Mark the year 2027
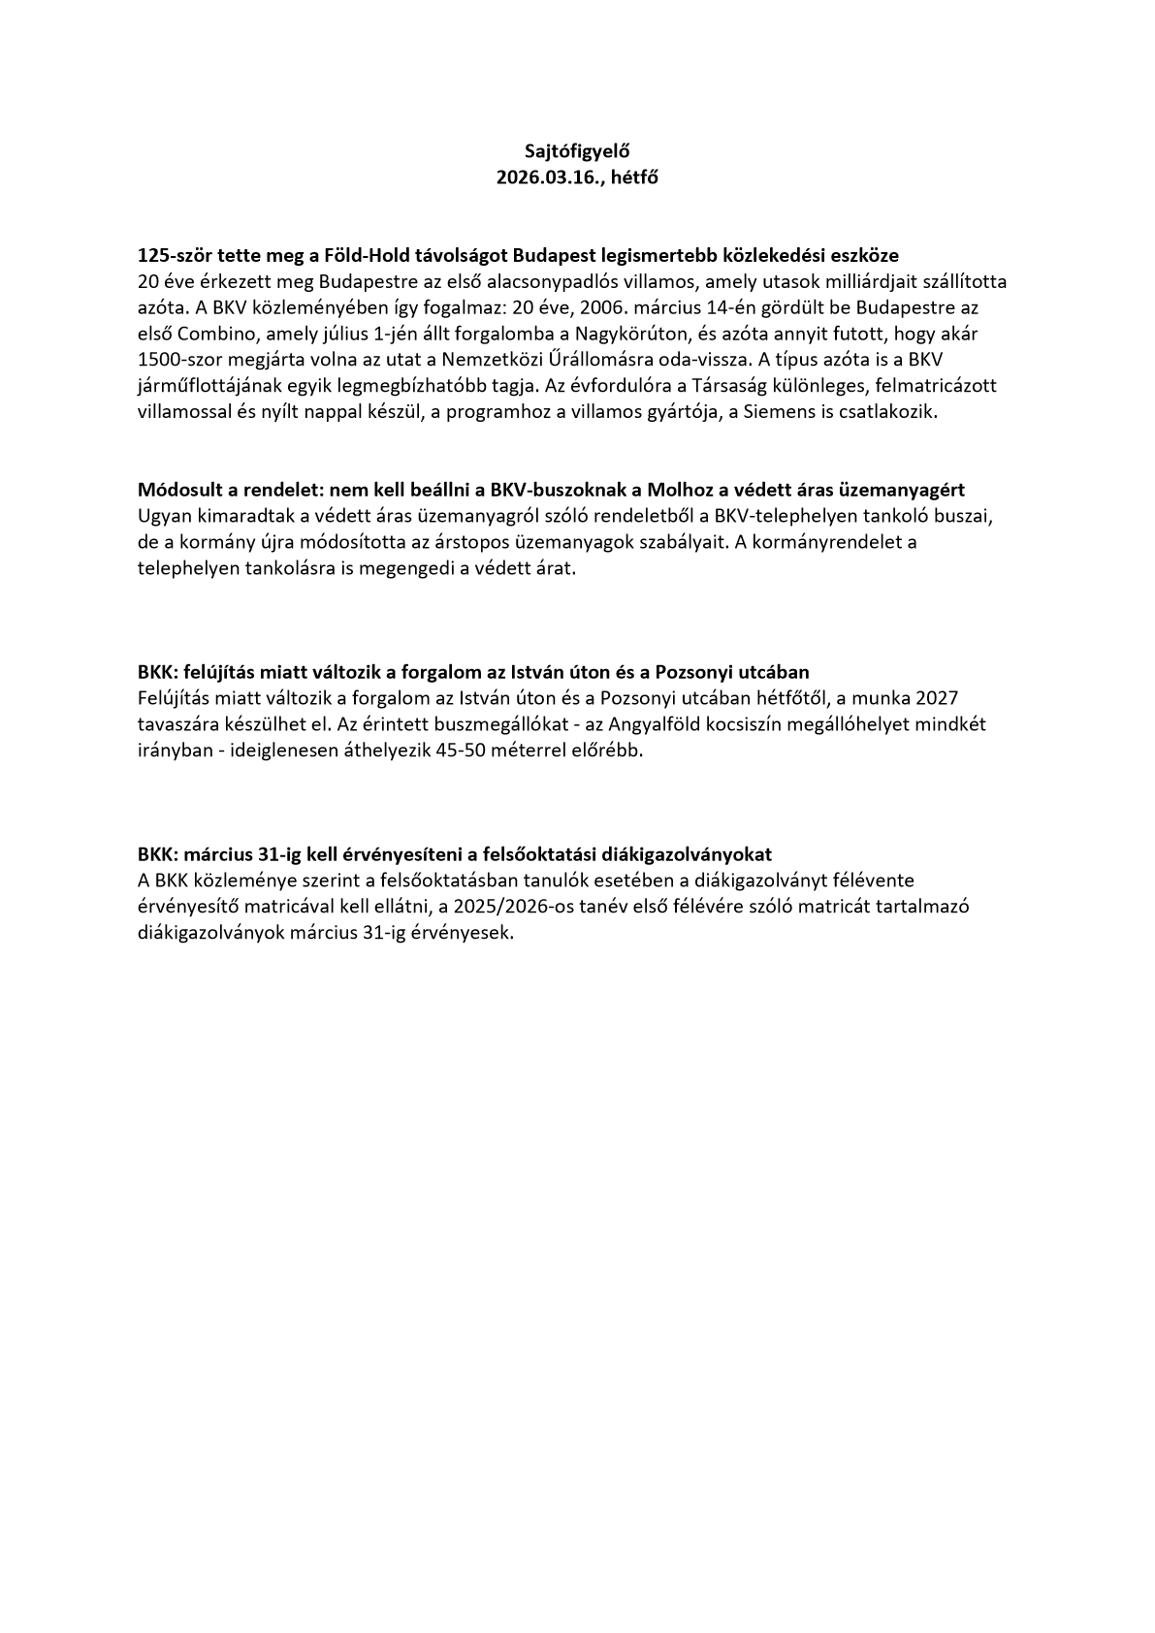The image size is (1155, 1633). (937, 698)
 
